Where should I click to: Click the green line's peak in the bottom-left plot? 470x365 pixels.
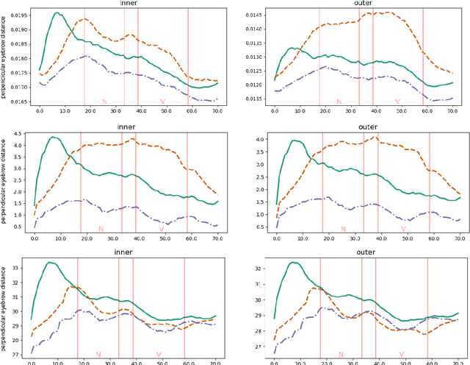[x=50, y=262]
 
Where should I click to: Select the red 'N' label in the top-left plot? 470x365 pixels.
[x=104, y=102]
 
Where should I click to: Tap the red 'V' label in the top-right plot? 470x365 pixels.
[x=397, y=102]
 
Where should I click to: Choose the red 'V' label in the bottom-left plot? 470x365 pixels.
[x=159, y=355]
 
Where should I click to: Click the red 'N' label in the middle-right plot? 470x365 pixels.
[x=342, y=229]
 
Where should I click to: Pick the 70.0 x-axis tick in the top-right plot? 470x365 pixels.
[x=452, y=110]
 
